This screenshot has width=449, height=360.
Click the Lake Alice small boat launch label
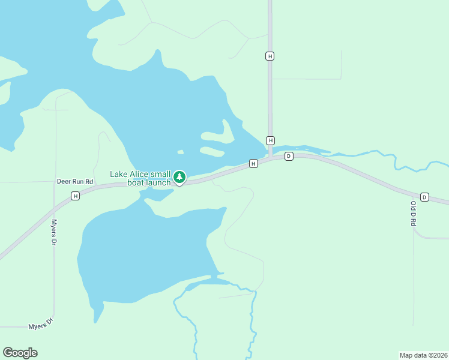click(140, 178)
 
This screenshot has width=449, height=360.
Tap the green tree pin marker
click(179, 177)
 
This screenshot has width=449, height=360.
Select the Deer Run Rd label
click(75, 181)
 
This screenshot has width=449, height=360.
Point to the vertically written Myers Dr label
click(53, 232)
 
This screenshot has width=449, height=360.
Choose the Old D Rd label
click(413, 213)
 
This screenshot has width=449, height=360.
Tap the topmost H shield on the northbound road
click(270, 56)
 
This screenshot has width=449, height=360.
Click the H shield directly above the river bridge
click(271, 140)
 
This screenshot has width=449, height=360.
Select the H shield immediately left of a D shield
click(253, 163)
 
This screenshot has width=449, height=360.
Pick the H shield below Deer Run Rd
click(75, 196)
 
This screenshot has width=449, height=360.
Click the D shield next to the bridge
click(289, 156)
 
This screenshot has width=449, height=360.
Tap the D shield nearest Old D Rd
click(424, 197)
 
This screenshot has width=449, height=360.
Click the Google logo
click(20, 353)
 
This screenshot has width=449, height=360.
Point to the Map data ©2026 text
click(423, 355)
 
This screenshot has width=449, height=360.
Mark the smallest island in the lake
click(180, 152)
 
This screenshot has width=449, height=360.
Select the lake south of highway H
click(144, 246)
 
